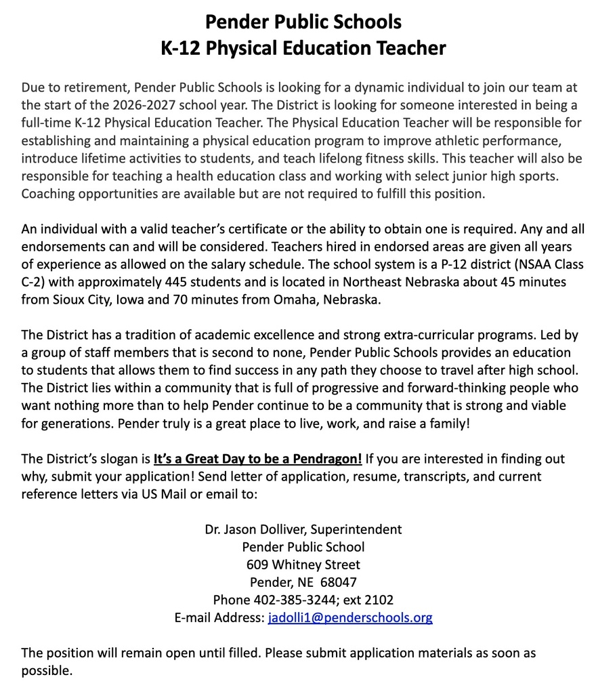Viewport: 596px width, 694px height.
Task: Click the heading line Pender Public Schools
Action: point(303,22)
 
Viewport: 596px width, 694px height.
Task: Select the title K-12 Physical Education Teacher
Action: point(303,48)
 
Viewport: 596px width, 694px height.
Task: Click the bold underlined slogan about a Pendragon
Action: point(257,459)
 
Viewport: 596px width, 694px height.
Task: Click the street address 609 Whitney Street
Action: point(303,565)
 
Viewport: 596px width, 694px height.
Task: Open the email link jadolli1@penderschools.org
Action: point(350,617)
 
